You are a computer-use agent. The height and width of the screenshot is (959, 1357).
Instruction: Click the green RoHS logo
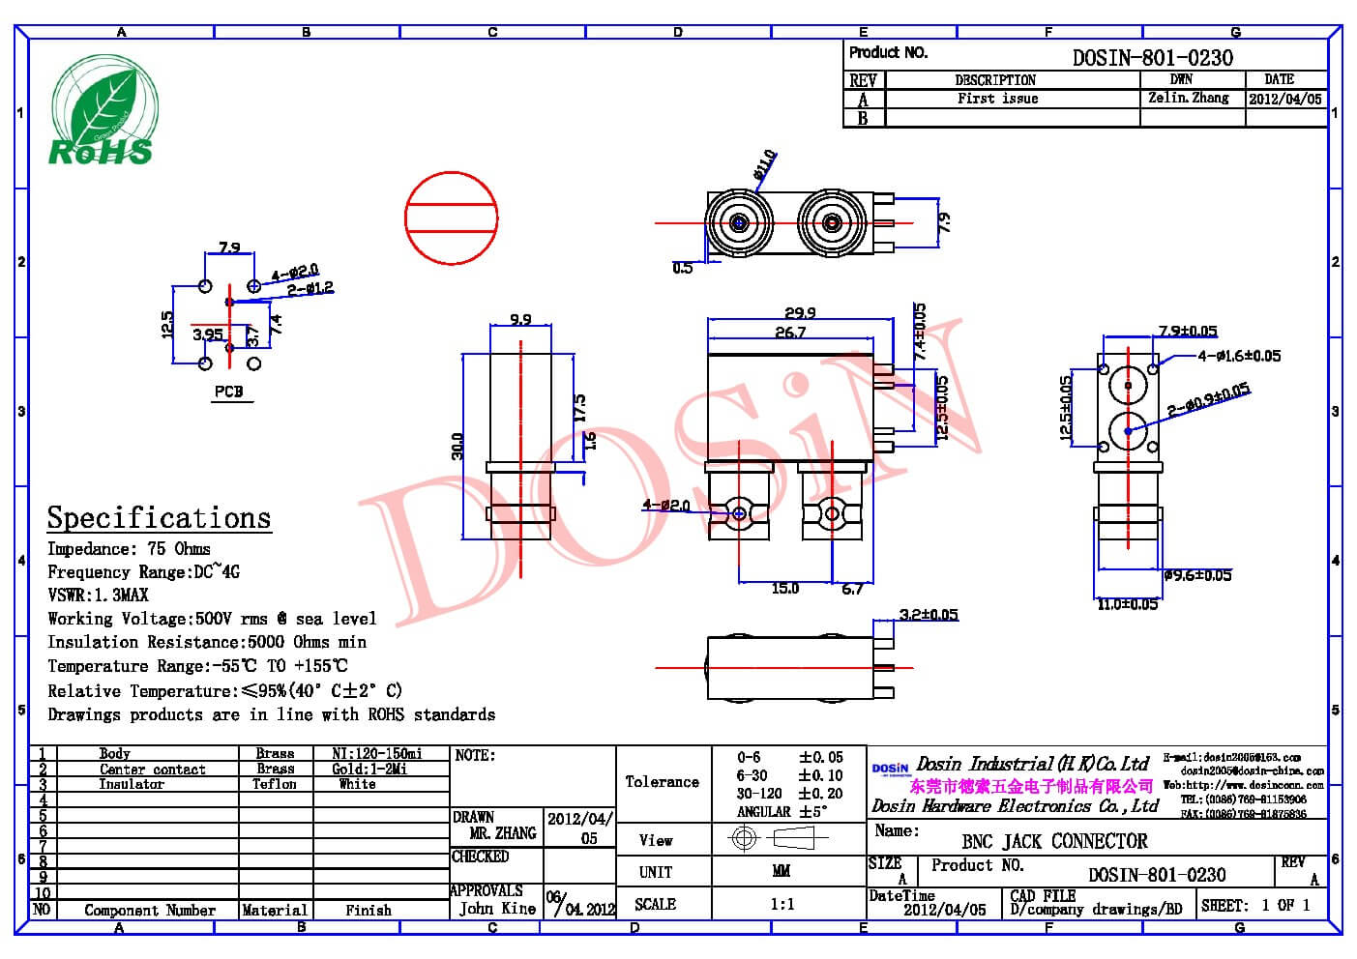pyautogui.click(x=101, y=111)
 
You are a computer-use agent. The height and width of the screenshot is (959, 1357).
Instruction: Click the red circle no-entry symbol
pyautogui.click(x=451, y=218)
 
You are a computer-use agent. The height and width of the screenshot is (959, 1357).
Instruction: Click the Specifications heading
pyautogui.click(x=159, y=518)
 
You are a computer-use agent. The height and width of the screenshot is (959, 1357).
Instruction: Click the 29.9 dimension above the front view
pyautogui.click(x=800, y=312)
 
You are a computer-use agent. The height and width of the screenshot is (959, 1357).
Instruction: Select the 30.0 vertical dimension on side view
pyautogui.click(x=457, y=446)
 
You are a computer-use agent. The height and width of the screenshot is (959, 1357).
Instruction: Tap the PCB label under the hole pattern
pyautogui.click(x=229, y=392)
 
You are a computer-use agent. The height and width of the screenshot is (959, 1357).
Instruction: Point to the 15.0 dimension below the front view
pyautogui.click(x=784, y=588)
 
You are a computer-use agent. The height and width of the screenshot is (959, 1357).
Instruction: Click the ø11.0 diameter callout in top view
pyautogui.click(x=764, y=165)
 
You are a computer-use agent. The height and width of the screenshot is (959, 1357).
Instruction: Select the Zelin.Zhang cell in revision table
pyautogui.click(x=1189, y=99)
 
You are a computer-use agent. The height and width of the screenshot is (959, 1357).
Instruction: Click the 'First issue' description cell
pyautogui.click(x=997, y=99)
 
